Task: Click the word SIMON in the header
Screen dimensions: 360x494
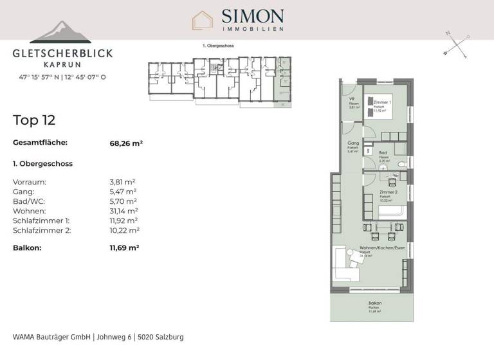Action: tap(252, 15)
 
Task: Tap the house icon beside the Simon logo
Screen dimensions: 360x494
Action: tap(203, 20)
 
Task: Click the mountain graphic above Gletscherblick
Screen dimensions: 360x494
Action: tap(60, 33)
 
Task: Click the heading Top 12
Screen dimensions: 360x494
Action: tap(34, 120)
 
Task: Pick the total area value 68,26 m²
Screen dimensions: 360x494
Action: tap(126, 143)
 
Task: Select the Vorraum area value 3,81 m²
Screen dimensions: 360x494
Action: tap(123, 182)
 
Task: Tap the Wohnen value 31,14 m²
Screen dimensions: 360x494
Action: tap(124, 211)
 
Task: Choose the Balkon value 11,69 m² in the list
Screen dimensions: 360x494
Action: tap(125, 247)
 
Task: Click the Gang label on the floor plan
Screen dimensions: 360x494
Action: tap(352, 143)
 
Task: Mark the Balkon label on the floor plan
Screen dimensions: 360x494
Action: tap(375, 303)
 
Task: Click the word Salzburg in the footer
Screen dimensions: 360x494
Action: tap(170, 337)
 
